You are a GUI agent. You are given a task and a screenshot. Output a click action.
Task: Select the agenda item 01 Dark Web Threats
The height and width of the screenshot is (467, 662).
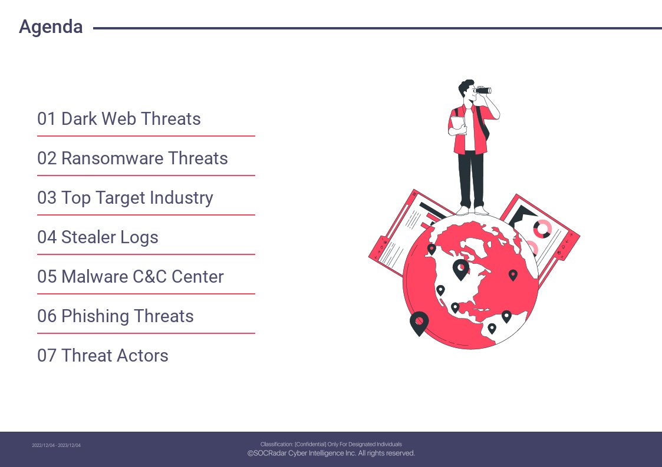118,119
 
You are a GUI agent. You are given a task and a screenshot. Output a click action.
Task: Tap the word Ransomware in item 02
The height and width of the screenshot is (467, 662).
113,158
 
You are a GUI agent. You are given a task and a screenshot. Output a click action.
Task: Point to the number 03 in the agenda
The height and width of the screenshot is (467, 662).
47,198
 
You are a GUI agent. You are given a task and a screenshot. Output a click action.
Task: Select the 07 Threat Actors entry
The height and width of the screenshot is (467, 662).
103,356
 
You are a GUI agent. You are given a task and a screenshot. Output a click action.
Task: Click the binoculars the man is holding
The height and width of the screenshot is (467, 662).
483,90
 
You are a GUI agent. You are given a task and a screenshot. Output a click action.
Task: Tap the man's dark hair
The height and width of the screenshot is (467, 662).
466,87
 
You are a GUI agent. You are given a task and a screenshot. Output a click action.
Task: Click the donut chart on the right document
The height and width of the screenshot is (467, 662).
542,228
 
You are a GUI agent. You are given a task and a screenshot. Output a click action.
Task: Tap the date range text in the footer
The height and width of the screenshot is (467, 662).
56,445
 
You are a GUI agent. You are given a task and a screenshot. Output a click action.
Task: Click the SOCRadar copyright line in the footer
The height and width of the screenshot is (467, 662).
331,453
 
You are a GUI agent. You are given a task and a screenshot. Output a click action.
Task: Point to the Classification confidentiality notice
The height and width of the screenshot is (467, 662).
331,444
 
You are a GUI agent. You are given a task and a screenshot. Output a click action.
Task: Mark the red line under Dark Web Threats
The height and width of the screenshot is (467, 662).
146,136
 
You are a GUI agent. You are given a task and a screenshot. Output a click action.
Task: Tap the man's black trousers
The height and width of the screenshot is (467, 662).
471,179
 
